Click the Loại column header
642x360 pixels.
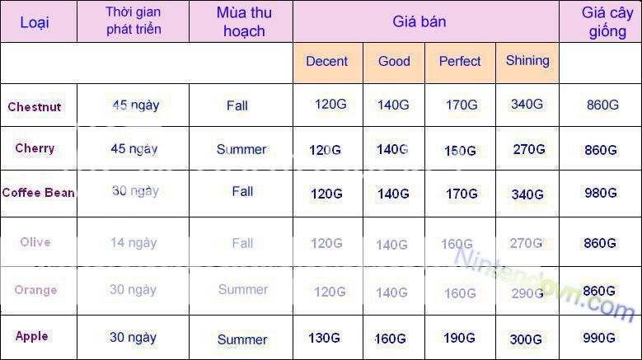[x=35, y=22]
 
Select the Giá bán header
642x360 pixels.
[x=419, y=21]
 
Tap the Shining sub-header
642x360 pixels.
[x=527, y=60]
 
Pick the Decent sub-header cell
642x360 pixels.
[x=326, y=61]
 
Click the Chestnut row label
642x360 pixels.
[x=35, y=107]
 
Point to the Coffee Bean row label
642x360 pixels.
[x=39, y=192]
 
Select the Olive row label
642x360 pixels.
[x=35, y=241]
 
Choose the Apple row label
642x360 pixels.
[x=32, y=336]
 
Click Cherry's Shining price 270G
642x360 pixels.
[x=529, y=149]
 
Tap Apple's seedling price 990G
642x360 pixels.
[x=599, y=338]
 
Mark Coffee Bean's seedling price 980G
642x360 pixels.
[x=601, y=193]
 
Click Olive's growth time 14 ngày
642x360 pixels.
[x=134, y=243]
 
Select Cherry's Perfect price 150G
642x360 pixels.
[x=460, y=151]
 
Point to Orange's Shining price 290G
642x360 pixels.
[x=527, y=293]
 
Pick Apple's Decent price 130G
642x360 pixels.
[x=324, y=338]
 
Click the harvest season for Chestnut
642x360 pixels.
[x=237, y=105]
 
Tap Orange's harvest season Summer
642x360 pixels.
[x=243, y=290]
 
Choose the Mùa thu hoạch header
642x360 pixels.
[x=244, y=21]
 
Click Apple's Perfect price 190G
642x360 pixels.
[x=459, y=338]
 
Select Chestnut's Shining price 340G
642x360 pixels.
[x=527, y=105]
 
